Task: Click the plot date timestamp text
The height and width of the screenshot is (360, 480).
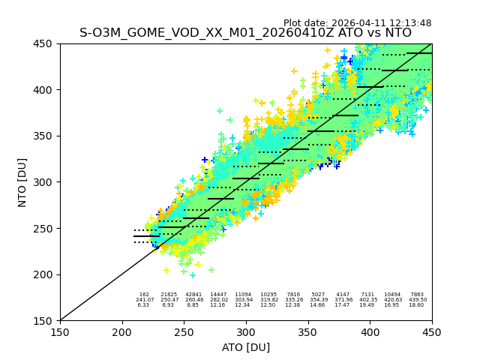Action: (x=357, y=23)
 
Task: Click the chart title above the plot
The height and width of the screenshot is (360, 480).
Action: (x=245, y=33)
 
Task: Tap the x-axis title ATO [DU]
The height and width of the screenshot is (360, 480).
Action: (x=246, y=347)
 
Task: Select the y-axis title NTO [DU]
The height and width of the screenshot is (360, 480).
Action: (x=22, y=182)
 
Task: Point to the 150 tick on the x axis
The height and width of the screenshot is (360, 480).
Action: (x=60, y=330)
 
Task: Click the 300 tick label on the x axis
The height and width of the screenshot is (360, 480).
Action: (x=246, y=330)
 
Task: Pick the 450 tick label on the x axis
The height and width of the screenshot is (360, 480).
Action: (x=432, y=330)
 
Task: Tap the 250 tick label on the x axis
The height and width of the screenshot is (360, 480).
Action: (x=184, y=330)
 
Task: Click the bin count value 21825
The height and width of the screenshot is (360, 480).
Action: (x=169, y=295)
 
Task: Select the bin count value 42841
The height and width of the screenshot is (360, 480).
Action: (x=193, y=295)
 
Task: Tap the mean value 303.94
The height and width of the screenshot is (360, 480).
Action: (x=243, y=300)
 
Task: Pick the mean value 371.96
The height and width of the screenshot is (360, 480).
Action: (x=343, y=300)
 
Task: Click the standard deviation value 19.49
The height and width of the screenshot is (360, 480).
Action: (x=367, y=305)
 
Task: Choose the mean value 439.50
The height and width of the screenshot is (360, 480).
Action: (x=417, y=300)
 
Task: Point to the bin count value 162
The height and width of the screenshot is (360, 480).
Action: (x=144, y=295)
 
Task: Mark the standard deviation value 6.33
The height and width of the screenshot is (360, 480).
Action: (x=143, y=305)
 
